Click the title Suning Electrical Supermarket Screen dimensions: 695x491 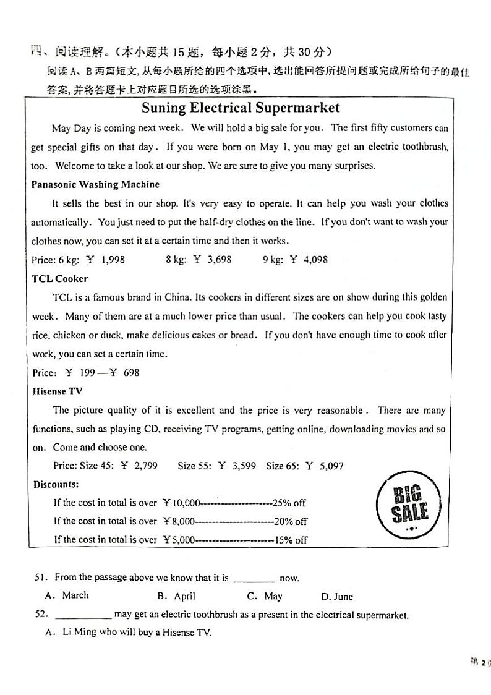[x=241, y=108]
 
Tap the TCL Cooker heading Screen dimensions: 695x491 [x=60, y=278]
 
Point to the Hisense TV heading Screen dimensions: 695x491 [x=58, y=391]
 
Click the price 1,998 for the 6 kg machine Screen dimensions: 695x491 [x=112, y=260]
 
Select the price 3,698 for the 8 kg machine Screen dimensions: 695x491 [x=219, y=260]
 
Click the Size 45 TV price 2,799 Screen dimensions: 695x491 [x=163, y=466]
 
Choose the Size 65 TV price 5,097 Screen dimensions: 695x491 [x=331, y=466]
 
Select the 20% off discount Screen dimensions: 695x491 [x=291, y=521]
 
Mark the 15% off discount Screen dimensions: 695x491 [x=291, y=540]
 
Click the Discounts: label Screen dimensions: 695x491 [x=56, y=484]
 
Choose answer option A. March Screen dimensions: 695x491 [x=67, y=595]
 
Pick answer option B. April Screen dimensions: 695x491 [x=176, y=596]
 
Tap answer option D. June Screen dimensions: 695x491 [x=337, y=597]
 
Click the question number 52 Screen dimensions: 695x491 [x=41, y=615]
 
